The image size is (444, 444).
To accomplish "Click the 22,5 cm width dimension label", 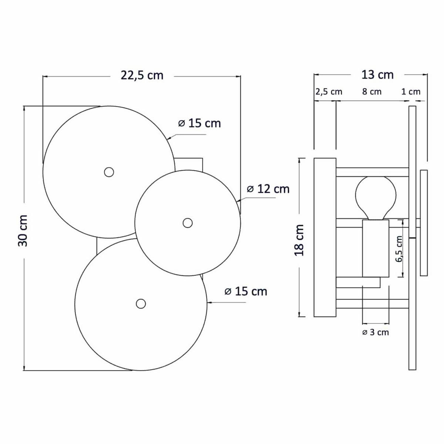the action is (142, 75).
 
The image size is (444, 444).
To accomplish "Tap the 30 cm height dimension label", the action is (23, 231).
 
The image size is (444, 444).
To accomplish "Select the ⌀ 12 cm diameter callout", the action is (268, 189).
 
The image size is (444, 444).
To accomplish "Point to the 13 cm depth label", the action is (377, 75).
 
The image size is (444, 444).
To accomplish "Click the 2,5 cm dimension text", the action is (329, 92).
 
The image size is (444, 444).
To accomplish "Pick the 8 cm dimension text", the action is (372, 91).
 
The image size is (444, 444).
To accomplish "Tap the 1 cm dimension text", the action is (411, 92).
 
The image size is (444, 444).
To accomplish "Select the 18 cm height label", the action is (299, 240).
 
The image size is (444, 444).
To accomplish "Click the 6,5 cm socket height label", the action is (399, 249).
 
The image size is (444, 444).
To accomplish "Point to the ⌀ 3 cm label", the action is (376, 332).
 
